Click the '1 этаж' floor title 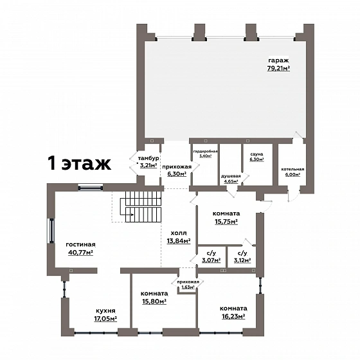tap(80, 163)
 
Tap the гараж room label tap(278, 60)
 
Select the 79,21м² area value tap(278, 68)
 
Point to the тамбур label tap(148, 158)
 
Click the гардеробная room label tap(205, 152)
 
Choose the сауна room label tap(256, 154)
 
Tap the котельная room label tap(292, 169)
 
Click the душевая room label tap(231, 176)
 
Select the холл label tap(179, 233)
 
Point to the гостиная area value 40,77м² tap(80, 252)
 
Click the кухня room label tap(105, 311)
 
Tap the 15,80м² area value tap(154, 301)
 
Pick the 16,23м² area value tap(233, 316)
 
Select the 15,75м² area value tap(226, 222)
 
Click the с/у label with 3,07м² tap(212, 253)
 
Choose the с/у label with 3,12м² tap(242, 253)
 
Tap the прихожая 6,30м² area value tap(177, 174)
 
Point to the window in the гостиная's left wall tap(51, 231)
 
